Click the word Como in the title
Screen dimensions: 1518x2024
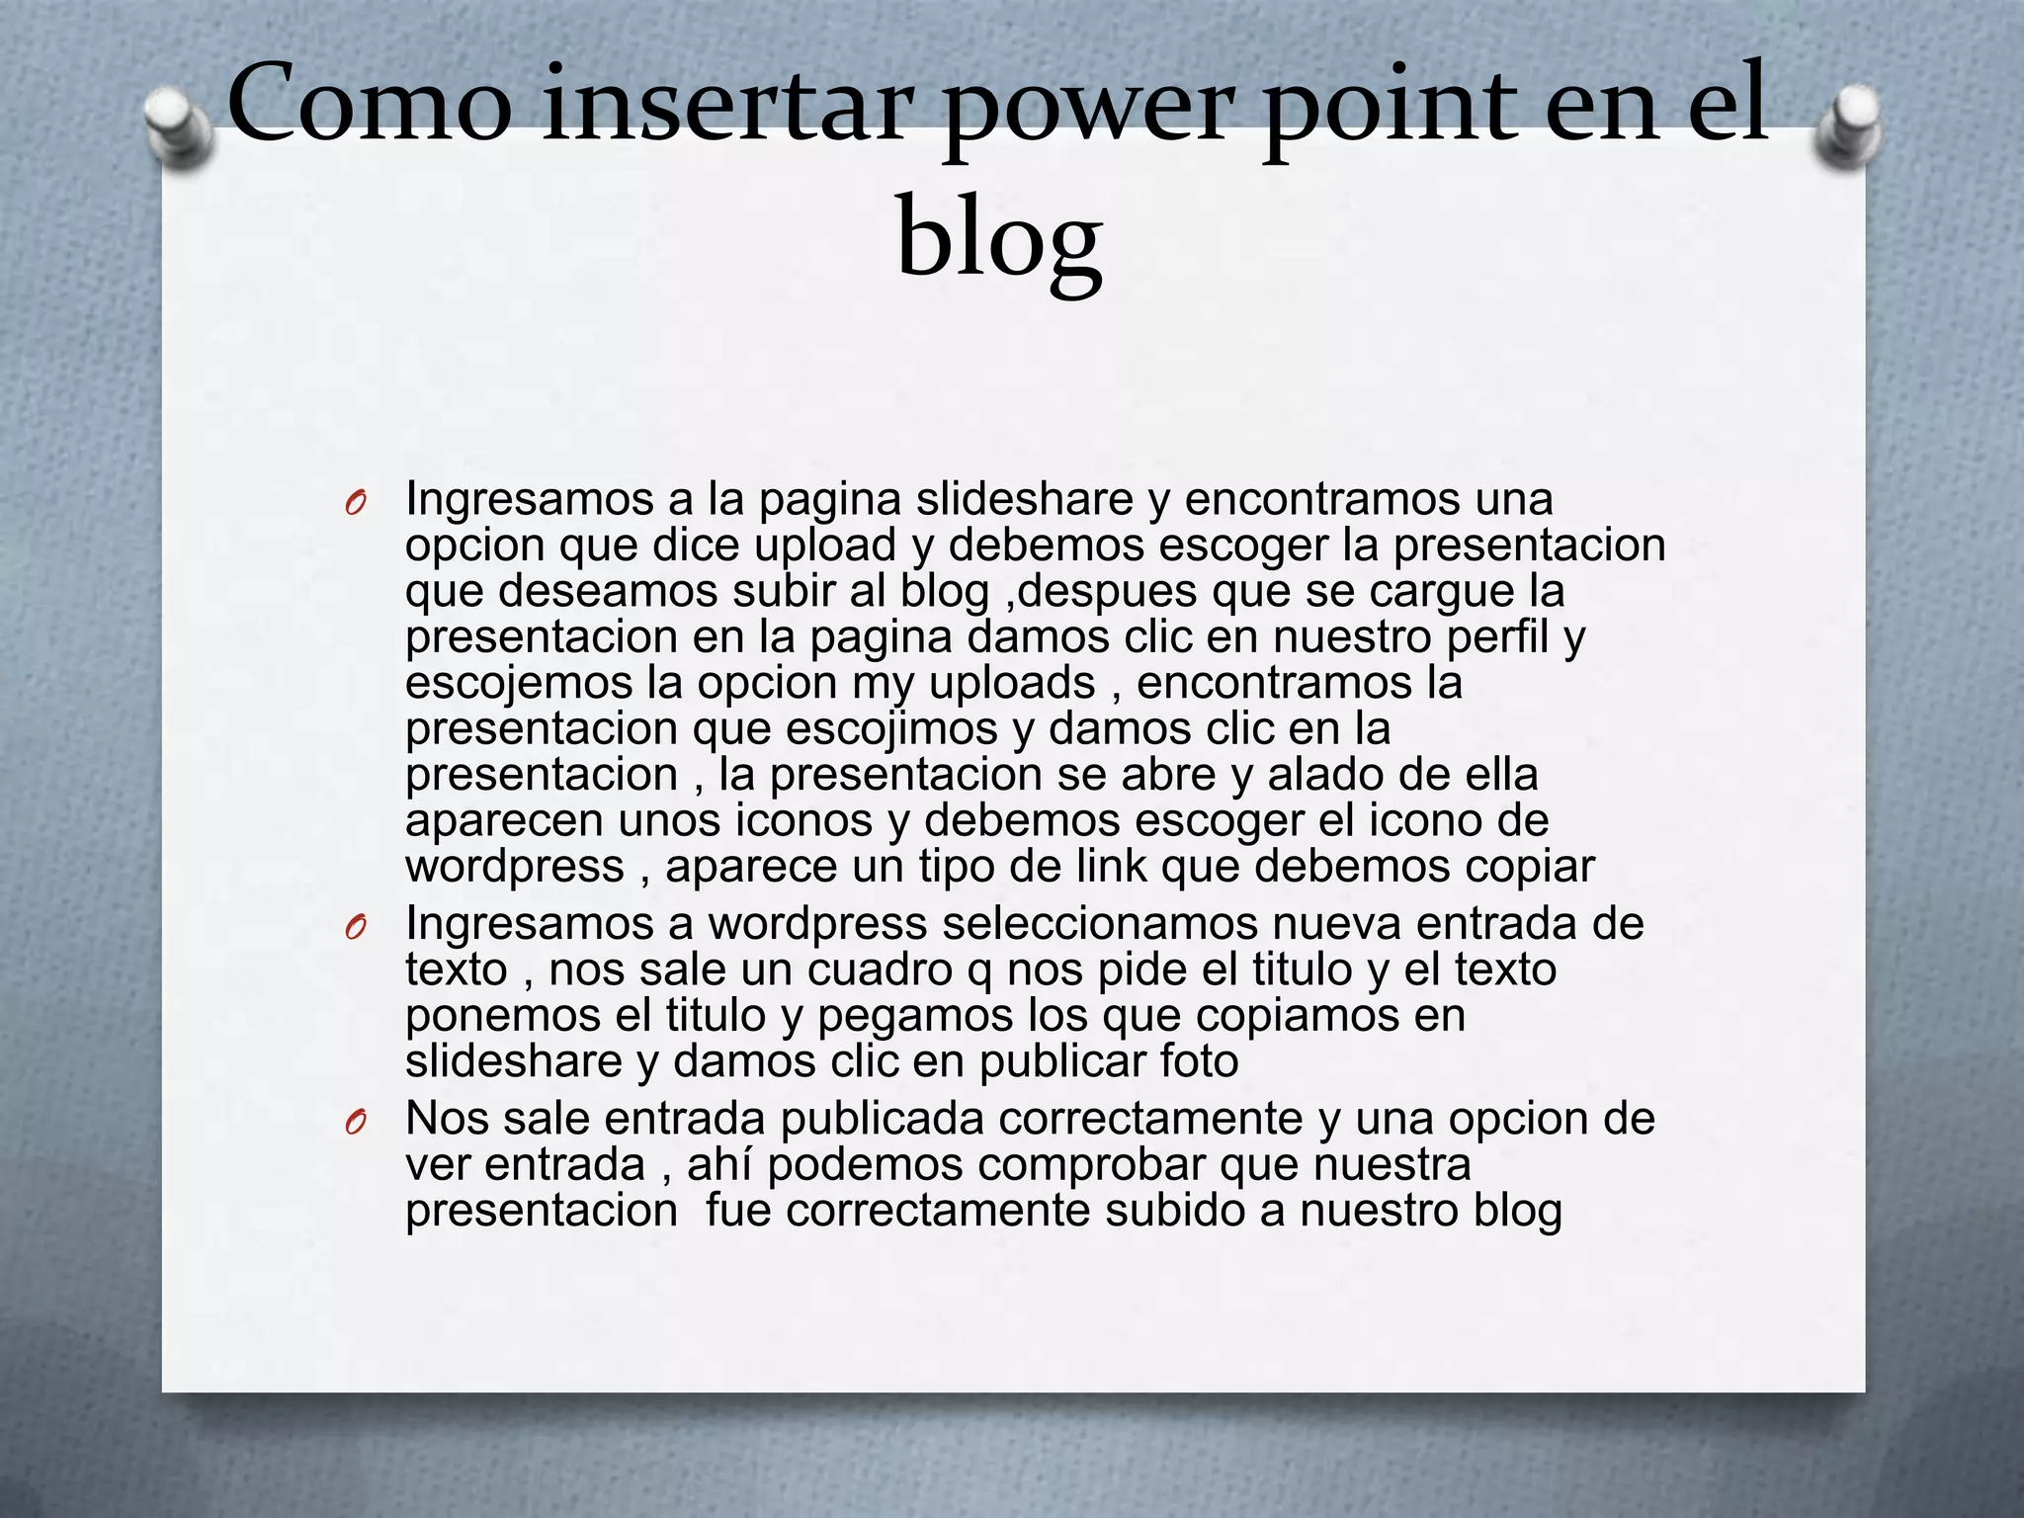(369, 103)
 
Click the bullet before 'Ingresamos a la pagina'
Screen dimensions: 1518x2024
(356, 504)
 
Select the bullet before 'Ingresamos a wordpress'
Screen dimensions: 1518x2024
(356, 928)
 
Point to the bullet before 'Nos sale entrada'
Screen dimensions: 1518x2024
(356, 1123)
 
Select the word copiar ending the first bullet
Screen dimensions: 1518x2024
(1529, 867)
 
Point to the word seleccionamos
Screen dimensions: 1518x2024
(1099, 925)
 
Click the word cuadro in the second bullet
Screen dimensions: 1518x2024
(880, 970)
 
